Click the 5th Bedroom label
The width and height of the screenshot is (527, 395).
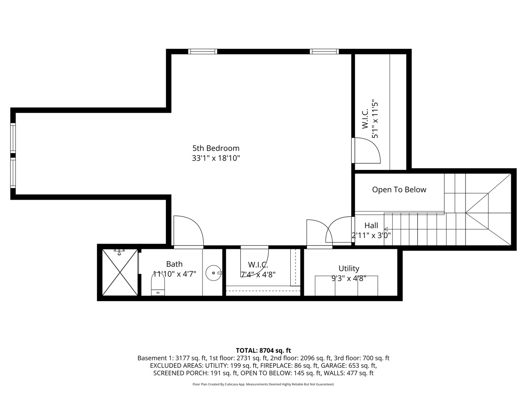click(216, 148)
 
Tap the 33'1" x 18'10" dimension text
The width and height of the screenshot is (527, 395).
click(216, 158)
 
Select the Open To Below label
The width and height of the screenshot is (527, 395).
click(399, 190)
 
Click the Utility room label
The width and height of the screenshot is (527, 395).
click(349, 268)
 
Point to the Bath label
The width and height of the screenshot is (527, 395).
click(174, 264)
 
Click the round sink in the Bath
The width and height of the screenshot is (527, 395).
click(214, 273)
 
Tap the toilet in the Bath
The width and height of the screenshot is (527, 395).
click(158, 285)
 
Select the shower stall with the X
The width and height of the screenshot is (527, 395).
click(120, 273)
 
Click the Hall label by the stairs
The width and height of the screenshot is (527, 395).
click(371, 226)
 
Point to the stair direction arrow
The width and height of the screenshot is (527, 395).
click(386, 229)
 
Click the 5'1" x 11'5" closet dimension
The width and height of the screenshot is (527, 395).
click(375, 119)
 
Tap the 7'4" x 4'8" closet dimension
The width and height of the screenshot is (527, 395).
click(258, 274)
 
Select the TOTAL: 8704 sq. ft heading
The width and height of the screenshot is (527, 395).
click(263, 350)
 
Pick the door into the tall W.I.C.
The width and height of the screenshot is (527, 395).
click(366, 151)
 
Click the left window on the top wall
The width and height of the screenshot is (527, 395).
click(202, 51)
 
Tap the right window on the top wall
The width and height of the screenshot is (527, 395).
click(325, 51)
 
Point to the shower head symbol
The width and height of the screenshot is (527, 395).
click(119, 252)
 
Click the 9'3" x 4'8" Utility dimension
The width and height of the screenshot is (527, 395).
click(349, 278)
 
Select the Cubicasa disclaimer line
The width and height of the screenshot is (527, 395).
click(263, 384)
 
